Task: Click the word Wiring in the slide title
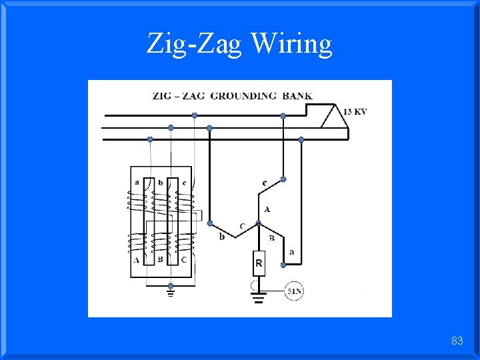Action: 291,44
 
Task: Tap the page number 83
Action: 457,341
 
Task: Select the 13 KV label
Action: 355,111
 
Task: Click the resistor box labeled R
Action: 259,264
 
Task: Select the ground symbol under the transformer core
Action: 170,291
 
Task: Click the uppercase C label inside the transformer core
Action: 183,259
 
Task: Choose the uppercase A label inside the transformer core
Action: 136,259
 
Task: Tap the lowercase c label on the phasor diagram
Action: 265,182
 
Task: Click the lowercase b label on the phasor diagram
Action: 222,236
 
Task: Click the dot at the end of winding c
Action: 283,179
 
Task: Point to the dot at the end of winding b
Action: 210,223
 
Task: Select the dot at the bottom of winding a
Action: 283,265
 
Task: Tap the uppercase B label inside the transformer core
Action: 160,259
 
